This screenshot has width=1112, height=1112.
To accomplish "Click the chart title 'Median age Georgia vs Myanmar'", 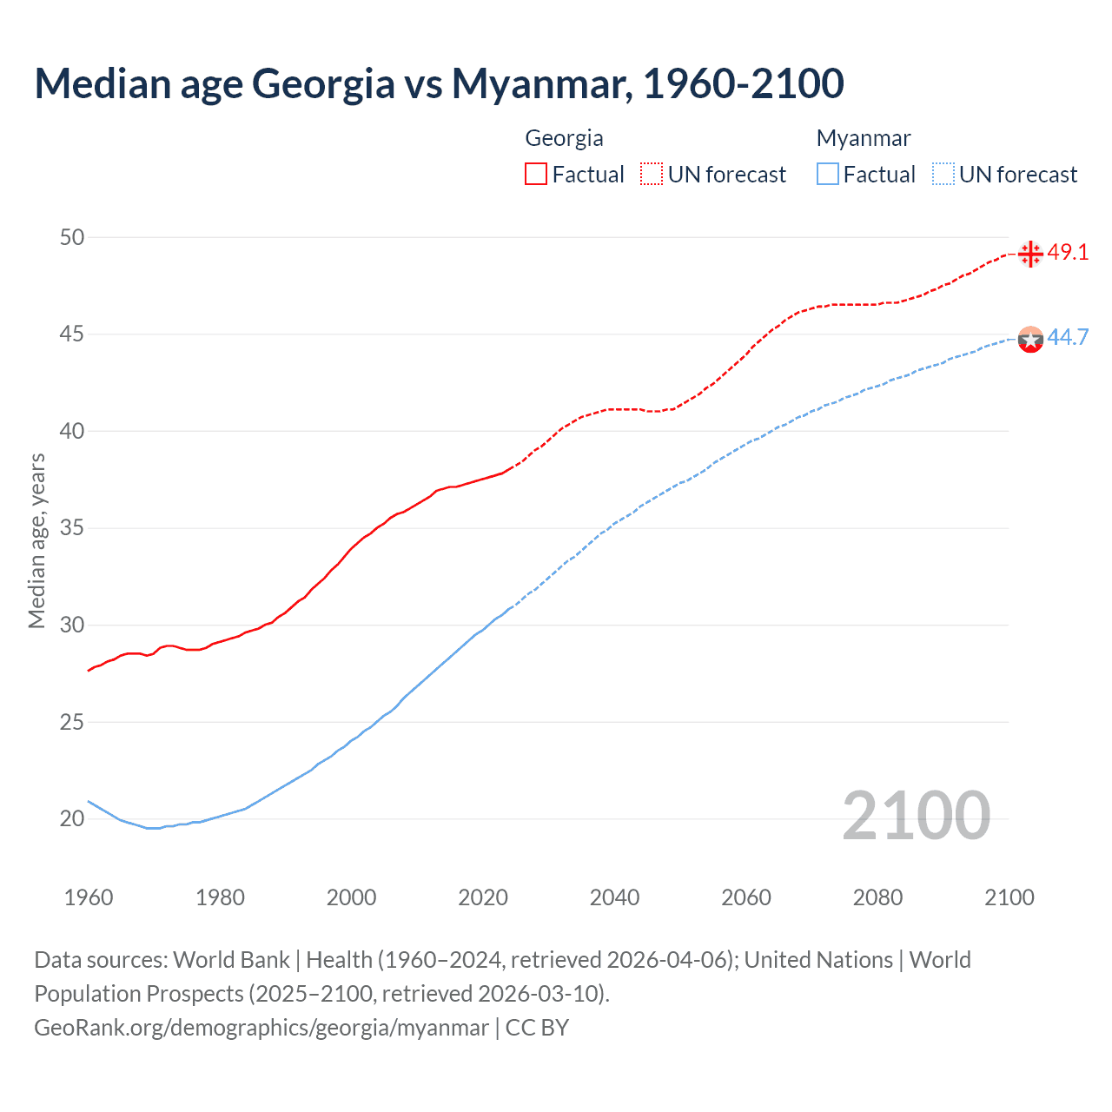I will pos(439,83).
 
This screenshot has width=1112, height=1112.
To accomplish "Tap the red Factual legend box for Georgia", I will pos(536,174).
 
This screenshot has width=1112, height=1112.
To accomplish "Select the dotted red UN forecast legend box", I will pos(652,174).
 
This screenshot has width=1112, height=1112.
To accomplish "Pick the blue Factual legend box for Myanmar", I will pos(828,174).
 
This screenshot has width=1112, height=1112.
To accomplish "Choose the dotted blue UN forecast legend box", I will pos(943,174).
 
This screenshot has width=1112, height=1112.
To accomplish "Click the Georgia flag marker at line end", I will pos(1030,254).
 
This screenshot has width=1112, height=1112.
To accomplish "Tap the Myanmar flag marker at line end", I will pos(1030,339).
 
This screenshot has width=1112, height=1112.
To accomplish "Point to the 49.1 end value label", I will pos(1068,252).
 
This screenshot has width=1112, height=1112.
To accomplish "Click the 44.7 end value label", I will pos(1068,337).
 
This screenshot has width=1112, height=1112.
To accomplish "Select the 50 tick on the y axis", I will pos(72,237).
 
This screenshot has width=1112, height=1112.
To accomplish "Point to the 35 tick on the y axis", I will pos(72,528).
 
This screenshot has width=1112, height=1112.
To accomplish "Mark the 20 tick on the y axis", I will pos(72,818).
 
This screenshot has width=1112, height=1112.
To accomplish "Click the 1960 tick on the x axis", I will pos(89,897).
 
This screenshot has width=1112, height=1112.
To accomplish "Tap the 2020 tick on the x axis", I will pos(483,897).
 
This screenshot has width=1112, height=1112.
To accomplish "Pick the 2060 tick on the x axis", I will pos(746,897).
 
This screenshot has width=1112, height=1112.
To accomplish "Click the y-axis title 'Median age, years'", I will pos(36,540).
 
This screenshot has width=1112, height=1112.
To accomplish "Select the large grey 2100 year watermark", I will pos(916,815).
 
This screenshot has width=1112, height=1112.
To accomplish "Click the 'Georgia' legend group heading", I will pos(564,138).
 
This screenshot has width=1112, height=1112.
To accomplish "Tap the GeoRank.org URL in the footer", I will pos(261,1028).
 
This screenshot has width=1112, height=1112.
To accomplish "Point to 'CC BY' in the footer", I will pos(537,1028).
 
